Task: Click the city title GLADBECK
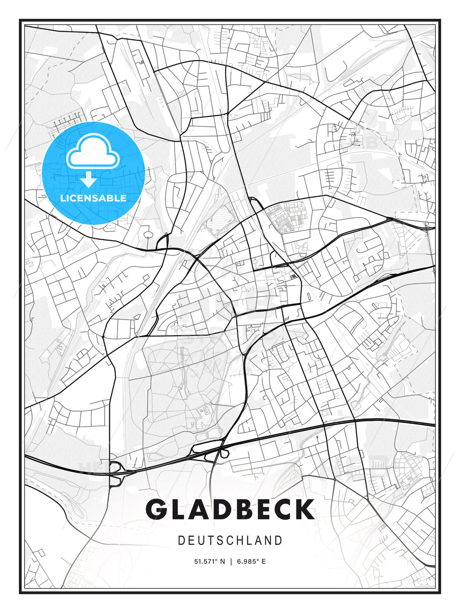pyautogui.click(x=230, y=509)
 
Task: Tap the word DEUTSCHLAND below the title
pyautogui.click(x=230, y=541)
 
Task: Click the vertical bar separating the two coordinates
pyautogui.click(x=231, y=561)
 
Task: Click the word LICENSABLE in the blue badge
pyautogui.click(x=93, y=198)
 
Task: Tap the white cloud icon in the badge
pyautogui.click(x=92, y=151)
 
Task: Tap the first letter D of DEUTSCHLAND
pyautogui.click(x=181, y=541)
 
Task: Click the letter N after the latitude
pyautogui.click(x=222, y=561)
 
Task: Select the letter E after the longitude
pyautogui.click(x=264, y=561)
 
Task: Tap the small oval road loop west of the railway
pyautogui.click(x=148, y=235)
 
